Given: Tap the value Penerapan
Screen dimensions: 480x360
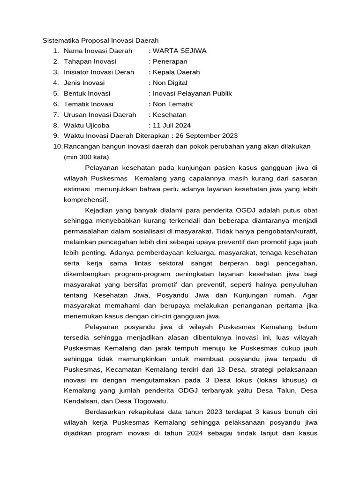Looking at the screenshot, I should coord(170,61).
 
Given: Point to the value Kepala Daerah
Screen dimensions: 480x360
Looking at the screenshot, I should coord(176,72).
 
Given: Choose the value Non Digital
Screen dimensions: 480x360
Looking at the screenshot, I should coord(171,83).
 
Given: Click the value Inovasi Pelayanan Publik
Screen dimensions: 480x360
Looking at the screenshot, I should coord(192,93).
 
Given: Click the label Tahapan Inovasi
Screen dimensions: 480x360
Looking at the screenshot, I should coord(90,61).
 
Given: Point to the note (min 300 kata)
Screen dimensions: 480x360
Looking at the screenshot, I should coord(86,157).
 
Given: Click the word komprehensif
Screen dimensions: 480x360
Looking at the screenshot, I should coord(86,200).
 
